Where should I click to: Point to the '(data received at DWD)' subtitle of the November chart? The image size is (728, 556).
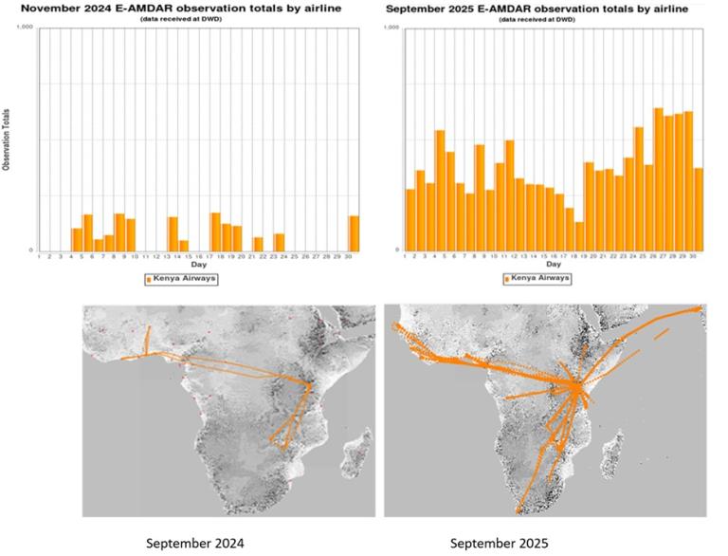[187, 19]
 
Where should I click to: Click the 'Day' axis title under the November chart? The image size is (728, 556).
[199, 265]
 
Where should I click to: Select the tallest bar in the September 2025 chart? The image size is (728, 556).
[659, 179]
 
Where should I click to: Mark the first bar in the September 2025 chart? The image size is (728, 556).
[410, 219]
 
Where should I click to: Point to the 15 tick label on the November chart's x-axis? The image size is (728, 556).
[186, 256]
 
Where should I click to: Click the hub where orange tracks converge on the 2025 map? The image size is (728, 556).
[576, 386]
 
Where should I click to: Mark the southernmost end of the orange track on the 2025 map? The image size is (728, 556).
[518, 510]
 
